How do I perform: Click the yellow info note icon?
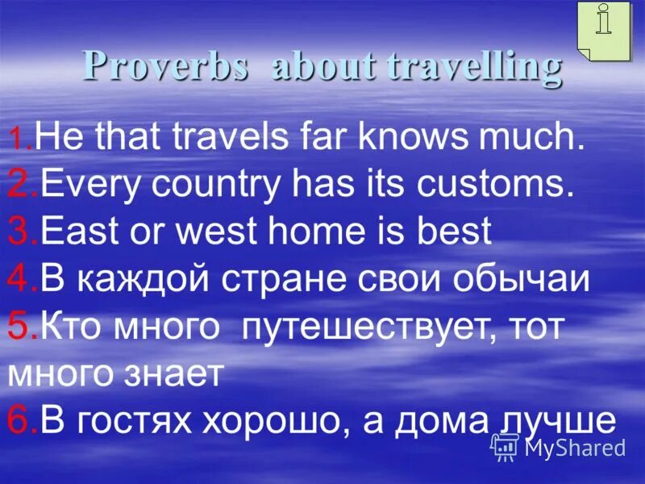pyautogui.click(x=604, y=30)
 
